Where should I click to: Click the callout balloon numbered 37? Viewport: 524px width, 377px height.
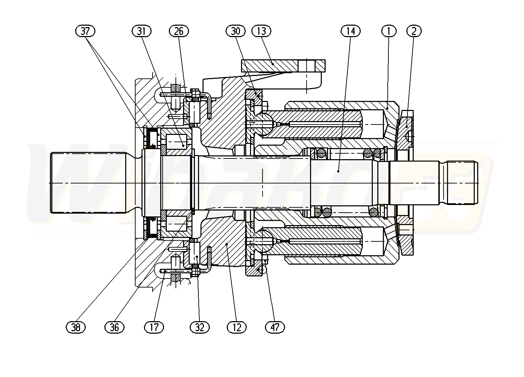(x=85, y=31)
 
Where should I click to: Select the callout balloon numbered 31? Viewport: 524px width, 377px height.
(x=141, y=31)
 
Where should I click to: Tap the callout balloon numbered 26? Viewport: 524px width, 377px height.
(x=179, y=31)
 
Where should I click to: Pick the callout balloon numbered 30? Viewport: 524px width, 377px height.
(x=235, y=31)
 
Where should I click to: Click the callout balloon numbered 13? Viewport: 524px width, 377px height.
(x=261, y=31)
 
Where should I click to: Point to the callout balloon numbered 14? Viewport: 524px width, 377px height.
(x=351, y=31)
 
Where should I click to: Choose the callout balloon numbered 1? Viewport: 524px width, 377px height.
(x=389, y=31)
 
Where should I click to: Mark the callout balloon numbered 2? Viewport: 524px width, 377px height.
(x=414, y=31)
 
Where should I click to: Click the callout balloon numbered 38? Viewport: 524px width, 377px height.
(x=76, y=327)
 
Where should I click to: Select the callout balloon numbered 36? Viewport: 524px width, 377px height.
(x=114, y=327)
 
